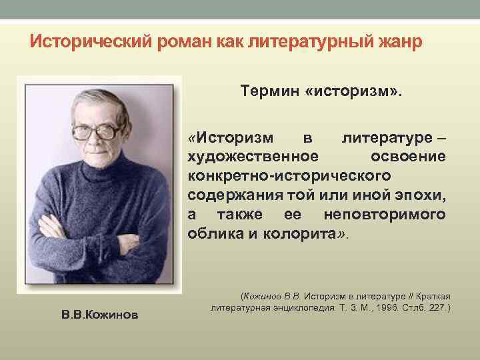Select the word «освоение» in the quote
(x=407, y=155)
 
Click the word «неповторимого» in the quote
(x=385, y=215)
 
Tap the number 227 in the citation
(x=438, y=309)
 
